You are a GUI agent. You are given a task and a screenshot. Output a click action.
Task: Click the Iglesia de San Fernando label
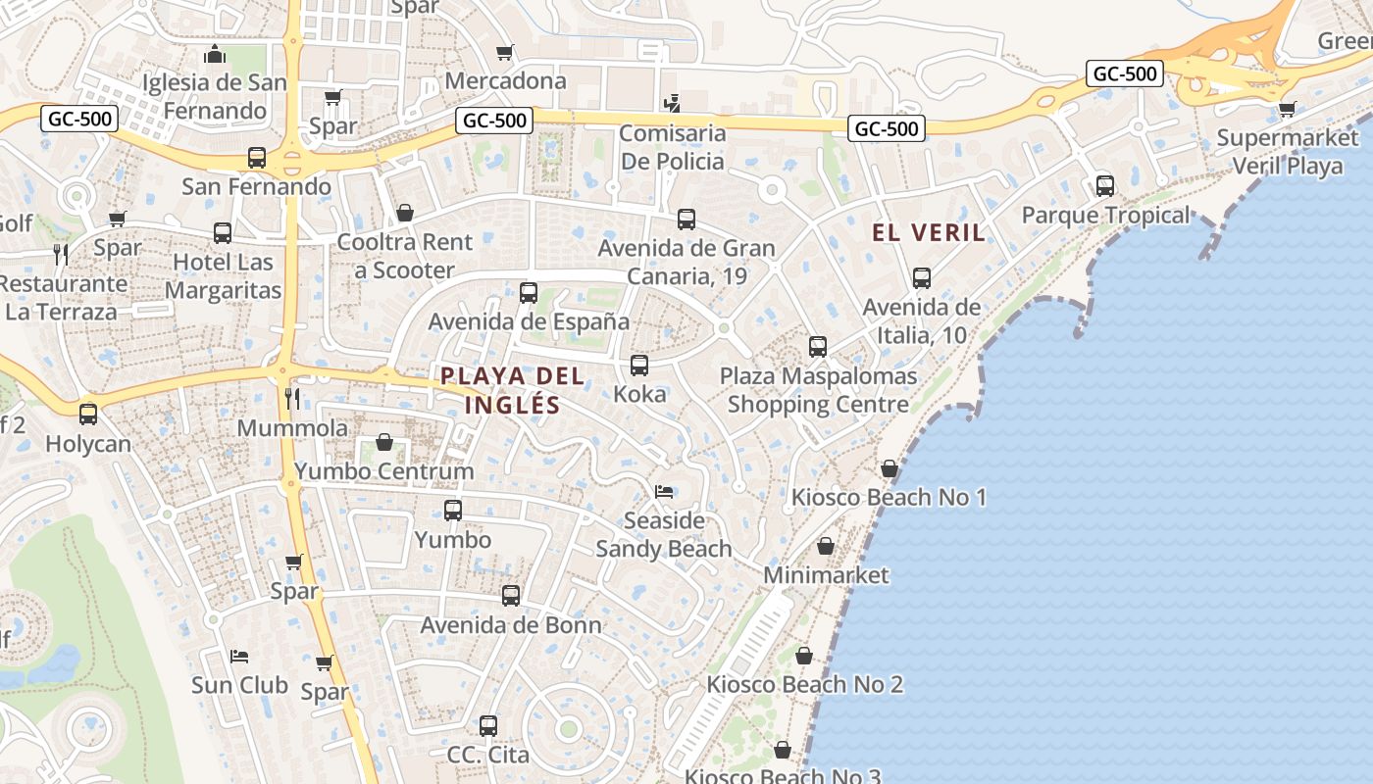click(215, 96)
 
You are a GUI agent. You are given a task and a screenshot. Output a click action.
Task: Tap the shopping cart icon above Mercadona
click(505, 52)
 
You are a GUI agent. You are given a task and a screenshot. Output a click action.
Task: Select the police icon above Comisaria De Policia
click(672, 103)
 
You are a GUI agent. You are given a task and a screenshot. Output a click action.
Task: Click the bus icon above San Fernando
click(256, 158)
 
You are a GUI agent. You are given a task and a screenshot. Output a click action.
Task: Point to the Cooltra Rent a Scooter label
click(404, 256)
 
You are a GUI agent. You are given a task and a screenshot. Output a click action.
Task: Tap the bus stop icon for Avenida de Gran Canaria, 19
click(686, 220)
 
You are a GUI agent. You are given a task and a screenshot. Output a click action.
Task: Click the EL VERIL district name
click(929, 232)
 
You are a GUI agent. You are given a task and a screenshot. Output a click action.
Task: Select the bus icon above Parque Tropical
click(1105, 185)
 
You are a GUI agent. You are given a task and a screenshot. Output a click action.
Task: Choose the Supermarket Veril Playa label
click(1287, 152)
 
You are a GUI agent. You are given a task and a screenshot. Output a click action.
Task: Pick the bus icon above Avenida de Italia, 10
click(922, 278)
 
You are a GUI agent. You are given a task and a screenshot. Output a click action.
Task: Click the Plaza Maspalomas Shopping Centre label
click(818, 390)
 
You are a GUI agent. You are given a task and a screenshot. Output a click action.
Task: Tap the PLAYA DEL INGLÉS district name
click(512, 390)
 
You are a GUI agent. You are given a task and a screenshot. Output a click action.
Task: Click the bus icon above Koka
click(639, 366)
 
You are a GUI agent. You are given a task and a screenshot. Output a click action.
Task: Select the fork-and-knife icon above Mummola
click(291, 398)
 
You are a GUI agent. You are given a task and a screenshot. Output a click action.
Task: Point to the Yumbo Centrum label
click(384, 471)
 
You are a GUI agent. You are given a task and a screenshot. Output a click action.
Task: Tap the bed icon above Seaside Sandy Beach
click(664, 491)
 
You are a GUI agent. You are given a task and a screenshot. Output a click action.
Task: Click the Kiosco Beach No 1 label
click(889, 497)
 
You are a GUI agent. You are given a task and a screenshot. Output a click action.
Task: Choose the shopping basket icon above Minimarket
click(826, 546)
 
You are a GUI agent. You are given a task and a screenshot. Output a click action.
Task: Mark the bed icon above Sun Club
click(239, 656)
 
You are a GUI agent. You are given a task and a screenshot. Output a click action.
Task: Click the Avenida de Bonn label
click(511, 625)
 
